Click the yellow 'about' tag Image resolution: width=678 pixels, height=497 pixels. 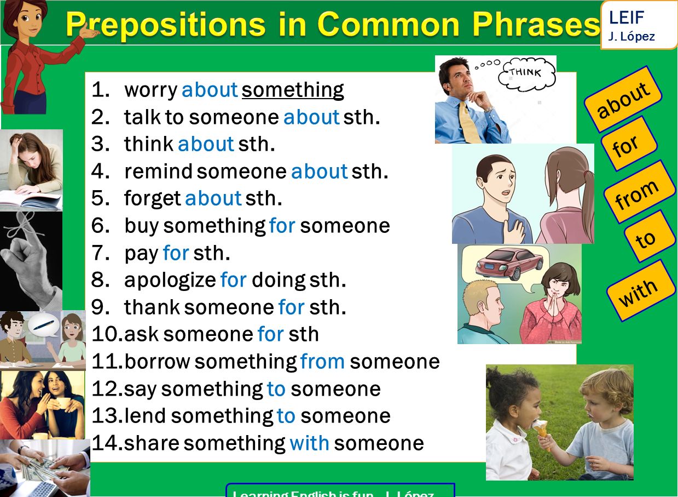coord(623,99)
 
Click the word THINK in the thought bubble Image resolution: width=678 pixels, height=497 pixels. coord(525,73)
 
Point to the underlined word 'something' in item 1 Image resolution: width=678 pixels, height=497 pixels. coord(293,90)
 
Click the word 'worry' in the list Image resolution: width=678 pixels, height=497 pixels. coord(150,90)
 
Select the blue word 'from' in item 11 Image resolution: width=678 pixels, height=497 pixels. coord(322,362)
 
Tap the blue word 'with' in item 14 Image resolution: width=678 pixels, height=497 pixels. coord(309,443)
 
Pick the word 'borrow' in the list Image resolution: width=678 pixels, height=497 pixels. coord(157,362)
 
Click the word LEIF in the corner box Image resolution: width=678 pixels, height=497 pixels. coord(626,18)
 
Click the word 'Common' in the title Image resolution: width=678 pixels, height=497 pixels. coord(389,24)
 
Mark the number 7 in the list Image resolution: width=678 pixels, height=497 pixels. coord(100,253)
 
